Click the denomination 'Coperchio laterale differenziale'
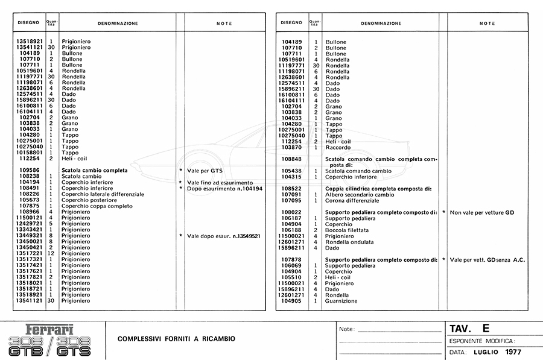point(103,194)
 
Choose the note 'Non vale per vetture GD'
point(481,212)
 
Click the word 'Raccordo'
point(337,148)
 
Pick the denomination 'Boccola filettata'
point(346,230)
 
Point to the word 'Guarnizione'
point(341,300)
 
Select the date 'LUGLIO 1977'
point(497,352)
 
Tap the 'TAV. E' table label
point(469,329)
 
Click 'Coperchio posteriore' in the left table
point(89,200)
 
